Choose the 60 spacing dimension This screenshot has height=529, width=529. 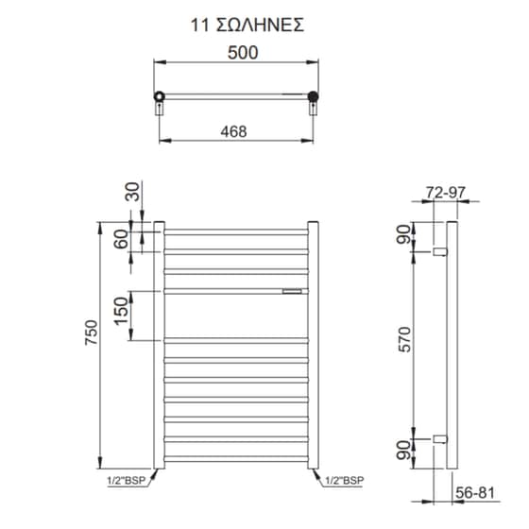[x=121, y=238]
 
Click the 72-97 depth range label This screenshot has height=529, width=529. [x=446, y=193]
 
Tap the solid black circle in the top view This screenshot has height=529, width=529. [x=313, y=95]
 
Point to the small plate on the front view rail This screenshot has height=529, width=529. [x=291, y=291]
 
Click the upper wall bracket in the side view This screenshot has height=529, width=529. [x=439, y=252]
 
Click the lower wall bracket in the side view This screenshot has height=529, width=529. [x=439, y=437]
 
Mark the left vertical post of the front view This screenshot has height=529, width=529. [x=161, y=345]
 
